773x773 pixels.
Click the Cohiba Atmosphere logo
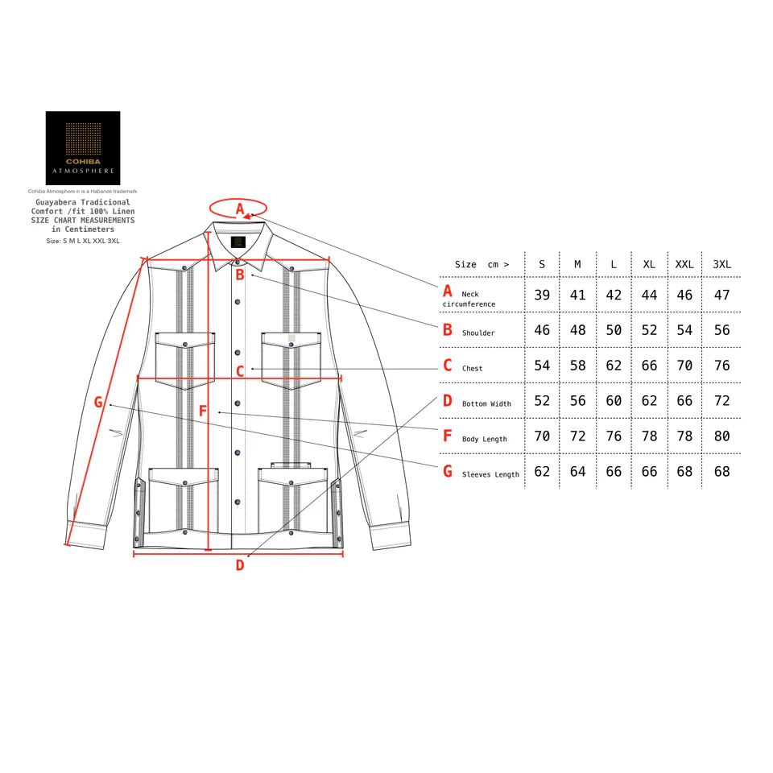point(83,148)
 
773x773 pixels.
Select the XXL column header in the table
point(684,264)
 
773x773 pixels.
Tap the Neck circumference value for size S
point(542,295)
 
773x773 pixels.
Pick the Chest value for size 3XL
point(721,366)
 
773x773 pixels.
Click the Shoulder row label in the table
point(478,333)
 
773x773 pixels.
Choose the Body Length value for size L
point(614,436)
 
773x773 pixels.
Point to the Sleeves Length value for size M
point(577,471)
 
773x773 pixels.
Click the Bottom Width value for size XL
point(649,401)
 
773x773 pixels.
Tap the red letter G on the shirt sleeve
point(98,402)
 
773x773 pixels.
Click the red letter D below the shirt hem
point(239,565)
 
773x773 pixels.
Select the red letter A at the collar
point(239,209)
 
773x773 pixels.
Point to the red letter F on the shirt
point(203,411)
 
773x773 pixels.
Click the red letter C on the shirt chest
point(239,372)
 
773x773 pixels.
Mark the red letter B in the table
point(448,329)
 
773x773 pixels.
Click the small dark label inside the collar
point(238,242)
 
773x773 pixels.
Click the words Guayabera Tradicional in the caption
point(83,203)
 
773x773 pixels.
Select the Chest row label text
point(473,369)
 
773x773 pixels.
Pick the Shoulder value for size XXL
point(684,330)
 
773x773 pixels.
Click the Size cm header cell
point(482,264)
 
